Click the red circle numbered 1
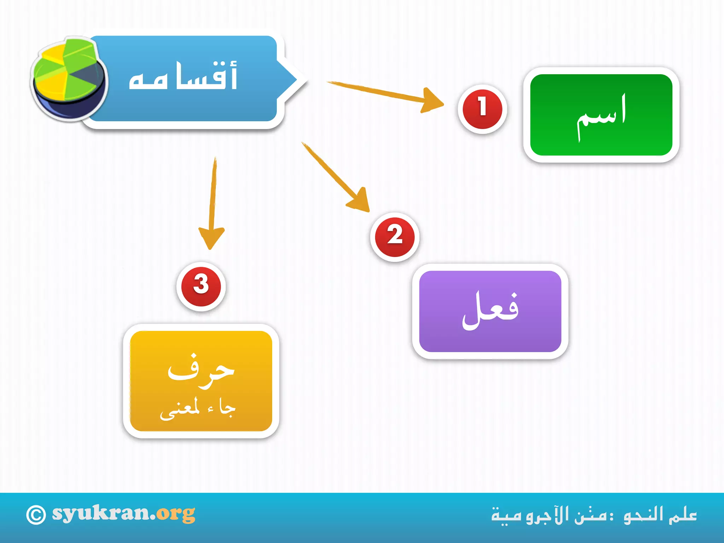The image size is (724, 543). tap(482, 109)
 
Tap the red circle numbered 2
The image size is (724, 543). tap(395, 237)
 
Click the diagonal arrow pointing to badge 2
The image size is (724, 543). tap(336, 177)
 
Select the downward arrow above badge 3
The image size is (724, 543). tap(212, 205)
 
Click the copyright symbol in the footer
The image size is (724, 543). tap(36, 515)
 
